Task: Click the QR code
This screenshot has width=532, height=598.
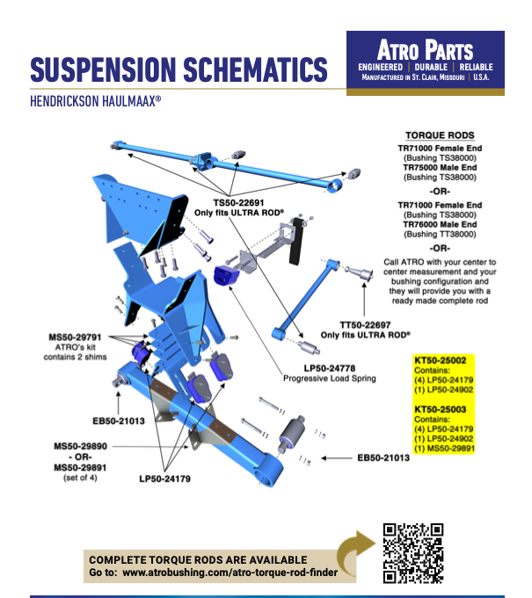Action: [x=412, y=552]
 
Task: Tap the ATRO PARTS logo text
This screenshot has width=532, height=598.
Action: [x=426, y=49]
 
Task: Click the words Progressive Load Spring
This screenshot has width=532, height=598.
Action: [x=329, y=378]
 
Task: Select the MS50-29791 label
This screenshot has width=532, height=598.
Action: [x=75, y=336]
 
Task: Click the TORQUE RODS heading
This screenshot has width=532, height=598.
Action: [x=441, y=136]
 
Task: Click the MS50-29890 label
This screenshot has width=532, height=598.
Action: [x=75, y=447]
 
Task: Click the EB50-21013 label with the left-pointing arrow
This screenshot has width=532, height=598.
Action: [x=386, y=457]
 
